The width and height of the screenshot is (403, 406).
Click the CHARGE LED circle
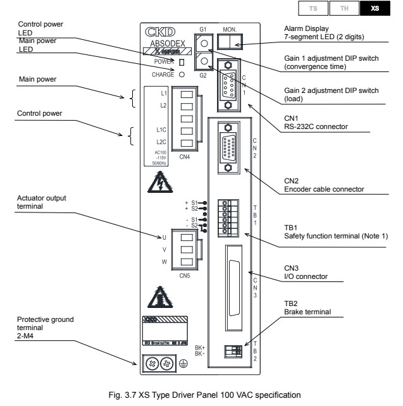[182, 74]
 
